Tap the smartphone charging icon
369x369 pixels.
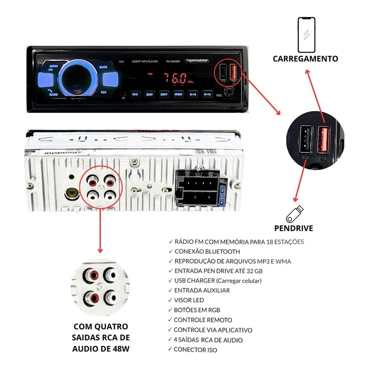306,35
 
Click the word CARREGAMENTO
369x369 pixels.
305,59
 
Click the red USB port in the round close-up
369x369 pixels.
323,140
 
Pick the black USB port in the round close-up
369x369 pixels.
305,139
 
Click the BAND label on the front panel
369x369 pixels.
53,94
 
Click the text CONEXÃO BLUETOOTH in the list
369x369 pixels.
207,252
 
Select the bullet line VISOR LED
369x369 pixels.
189,300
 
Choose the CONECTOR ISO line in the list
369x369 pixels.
195,350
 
